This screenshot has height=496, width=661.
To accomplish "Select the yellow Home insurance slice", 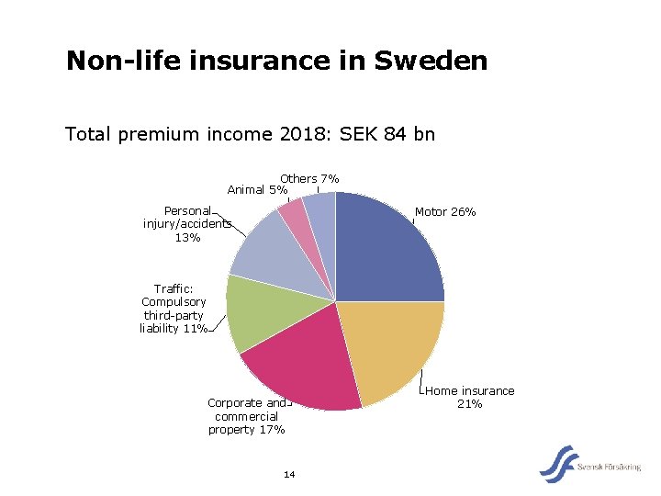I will (x=390, y=349).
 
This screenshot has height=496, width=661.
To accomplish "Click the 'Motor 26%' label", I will (x=444, y=212).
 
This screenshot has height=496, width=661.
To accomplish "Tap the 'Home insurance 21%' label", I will (x=470, y=397).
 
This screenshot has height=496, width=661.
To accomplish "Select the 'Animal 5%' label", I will (x=256, y=190).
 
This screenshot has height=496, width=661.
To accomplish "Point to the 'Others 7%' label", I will (x=309, y=178).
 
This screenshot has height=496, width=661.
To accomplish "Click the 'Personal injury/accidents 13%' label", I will (x=187, y=224).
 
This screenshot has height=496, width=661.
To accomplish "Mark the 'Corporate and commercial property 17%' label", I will (x=246, y=416).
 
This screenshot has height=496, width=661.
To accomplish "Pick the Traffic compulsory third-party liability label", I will (x=174, y=309).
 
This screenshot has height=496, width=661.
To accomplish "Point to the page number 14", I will (x=289, y=474).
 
